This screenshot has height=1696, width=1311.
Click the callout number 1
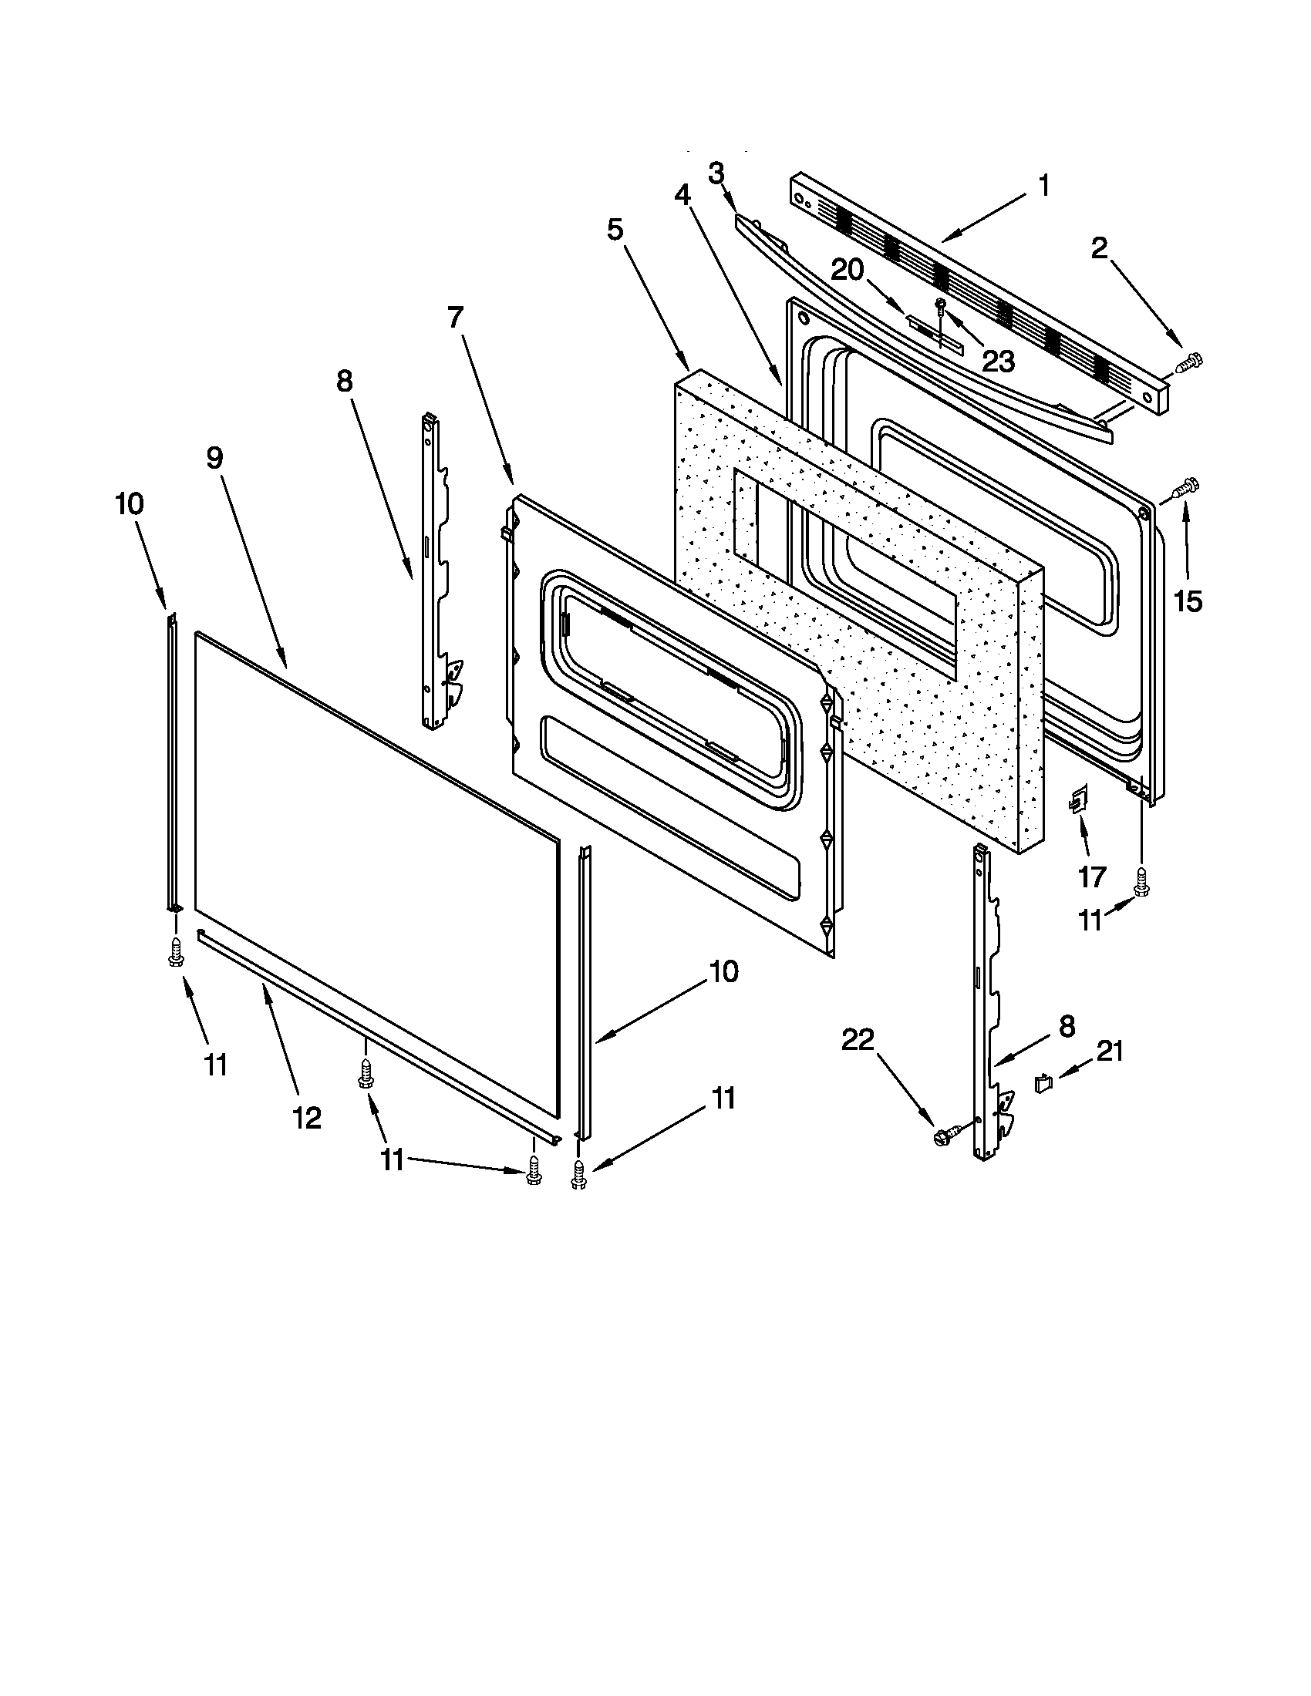point(1044,187)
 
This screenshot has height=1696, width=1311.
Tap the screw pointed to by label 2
point(1189,361)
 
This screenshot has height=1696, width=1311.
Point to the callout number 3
point(716,173)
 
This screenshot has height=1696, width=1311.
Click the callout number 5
point(615,230)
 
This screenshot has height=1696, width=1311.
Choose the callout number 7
point(455,318)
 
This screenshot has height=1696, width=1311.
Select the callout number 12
point(307,1119)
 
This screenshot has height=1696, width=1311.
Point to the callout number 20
point(848,271)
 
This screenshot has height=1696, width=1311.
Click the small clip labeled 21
point(1045,1082)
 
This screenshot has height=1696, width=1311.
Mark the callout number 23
point(998,360)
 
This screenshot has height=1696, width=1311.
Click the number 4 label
point(682,196)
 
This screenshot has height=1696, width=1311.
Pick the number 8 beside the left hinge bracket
point(344,382)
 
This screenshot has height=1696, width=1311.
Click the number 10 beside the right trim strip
point(724,971)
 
